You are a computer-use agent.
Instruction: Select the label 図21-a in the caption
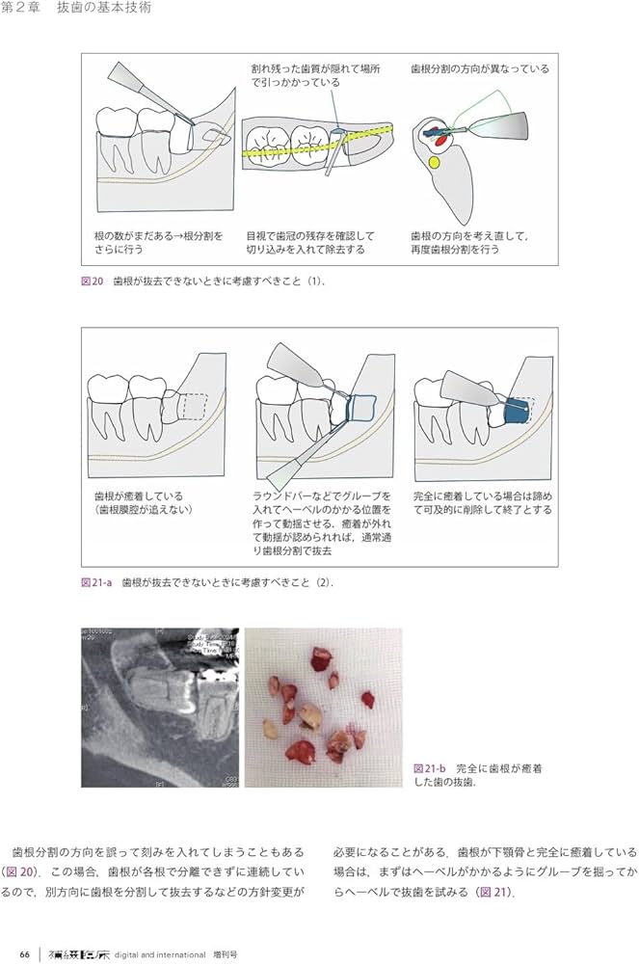click(x=97, y=582)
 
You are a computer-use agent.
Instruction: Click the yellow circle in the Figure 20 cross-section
click(x=436, y=164)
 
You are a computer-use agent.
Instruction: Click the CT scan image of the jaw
click(x=160, y=708)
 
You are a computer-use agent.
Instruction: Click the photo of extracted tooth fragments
click(x=323, y=708)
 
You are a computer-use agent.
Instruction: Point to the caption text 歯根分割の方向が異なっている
click(x=479, y=69)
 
